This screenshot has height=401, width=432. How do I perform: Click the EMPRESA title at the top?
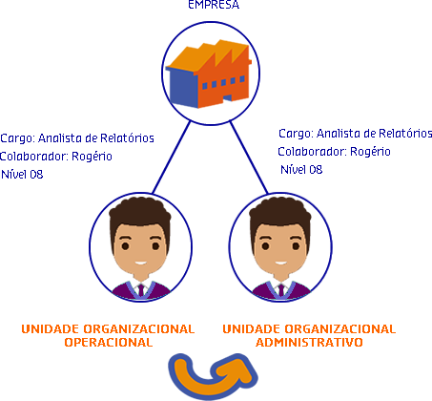214,5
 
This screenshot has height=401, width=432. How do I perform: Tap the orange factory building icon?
209,74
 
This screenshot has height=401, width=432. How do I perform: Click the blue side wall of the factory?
182,88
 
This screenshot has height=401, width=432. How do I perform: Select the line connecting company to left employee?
172,158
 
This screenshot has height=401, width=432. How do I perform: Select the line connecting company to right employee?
249,158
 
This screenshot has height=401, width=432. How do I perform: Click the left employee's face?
140,248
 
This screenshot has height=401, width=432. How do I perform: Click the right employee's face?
280,248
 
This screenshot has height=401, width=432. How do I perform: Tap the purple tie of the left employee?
141,290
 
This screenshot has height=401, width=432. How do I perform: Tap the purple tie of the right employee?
281,290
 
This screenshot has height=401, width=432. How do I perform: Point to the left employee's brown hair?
140,213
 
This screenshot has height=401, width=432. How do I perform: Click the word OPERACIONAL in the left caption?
109,342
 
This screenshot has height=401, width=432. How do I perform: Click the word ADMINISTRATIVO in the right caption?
309,342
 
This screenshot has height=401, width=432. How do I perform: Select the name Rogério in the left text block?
92,157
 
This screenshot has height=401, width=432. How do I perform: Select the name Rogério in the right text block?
370,152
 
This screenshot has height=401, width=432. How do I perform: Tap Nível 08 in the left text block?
22,175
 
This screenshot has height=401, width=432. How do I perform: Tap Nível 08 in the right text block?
301,170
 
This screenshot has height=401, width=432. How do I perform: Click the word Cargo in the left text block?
17,138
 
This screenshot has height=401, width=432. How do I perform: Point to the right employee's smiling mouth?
280,263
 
